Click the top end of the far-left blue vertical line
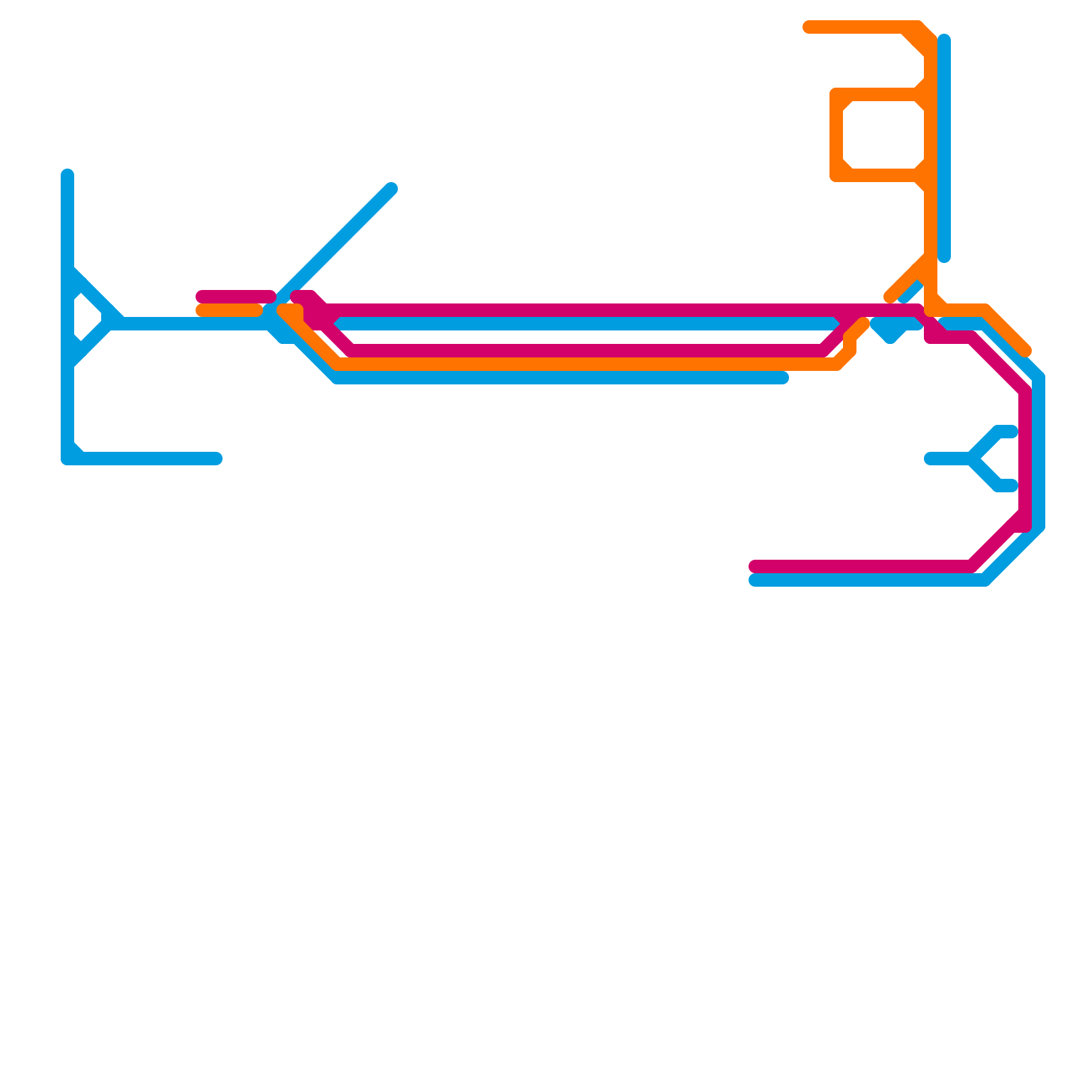[67, 175]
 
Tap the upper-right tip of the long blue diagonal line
[391, 189]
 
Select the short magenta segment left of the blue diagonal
[236, 297]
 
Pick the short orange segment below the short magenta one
[229, 310]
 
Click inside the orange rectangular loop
[883, 135]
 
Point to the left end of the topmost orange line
[808, 27]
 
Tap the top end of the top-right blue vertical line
[944, 39]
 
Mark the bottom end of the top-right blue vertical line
[944, 257]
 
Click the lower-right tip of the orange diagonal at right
[1026, 351]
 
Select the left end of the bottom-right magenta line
[755, 566]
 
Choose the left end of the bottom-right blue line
[755, 580]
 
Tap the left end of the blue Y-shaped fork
[930, 459]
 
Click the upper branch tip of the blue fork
[1012, 432]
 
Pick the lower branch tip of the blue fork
[1012, 486]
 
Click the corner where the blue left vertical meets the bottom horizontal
[67, 459]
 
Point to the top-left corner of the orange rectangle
[836, 94]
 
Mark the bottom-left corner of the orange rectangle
[836, 175]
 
